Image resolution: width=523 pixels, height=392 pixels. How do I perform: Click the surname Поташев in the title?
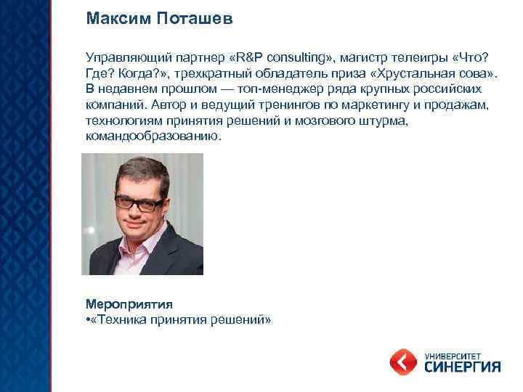coord(195,18)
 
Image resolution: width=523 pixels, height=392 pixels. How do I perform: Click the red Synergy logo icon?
coord(402,361)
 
